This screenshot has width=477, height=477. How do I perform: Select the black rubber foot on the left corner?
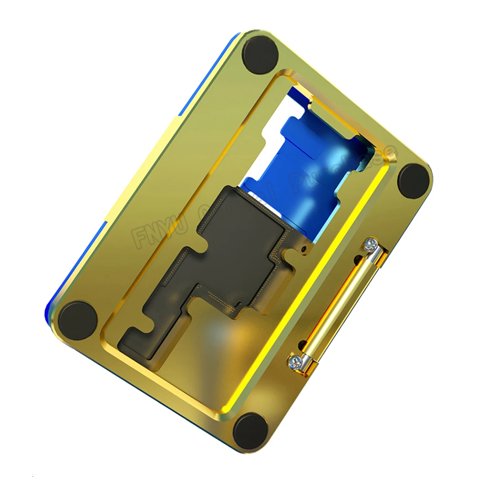78,319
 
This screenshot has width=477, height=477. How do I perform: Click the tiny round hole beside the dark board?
303,249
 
